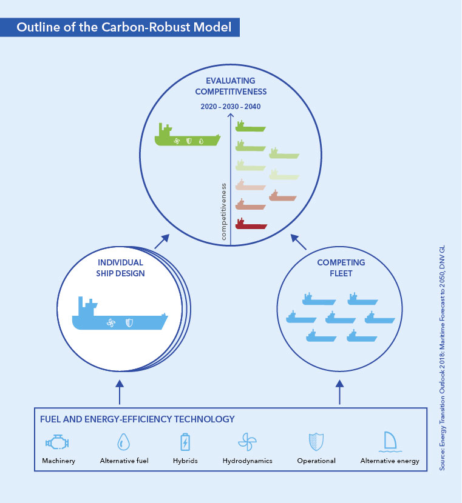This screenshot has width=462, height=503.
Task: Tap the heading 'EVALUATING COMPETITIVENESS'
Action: (231, 86)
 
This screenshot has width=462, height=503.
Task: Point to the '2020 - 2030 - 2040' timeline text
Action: (231, 107)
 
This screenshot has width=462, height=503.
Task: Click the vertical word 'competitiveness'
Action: (223, 212)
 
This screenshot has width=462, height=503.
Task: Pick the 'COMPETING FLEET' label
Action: (341, 267)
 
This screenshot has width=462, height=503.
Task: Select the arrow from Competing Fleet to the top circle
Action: (300, 242)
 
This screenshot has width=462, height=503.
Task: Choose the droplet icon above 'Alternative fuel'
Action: (123, 442)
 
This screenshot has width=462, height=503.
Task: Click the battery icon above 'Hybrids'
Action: (185, 442)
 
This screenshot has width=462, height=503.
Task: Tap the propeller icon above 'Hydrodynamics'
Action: (247, 442)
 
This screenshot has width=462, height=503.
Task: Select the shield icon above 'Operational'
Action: (316, 442)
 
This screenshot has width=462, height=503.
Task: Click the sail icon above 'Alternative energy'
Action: (389, 442)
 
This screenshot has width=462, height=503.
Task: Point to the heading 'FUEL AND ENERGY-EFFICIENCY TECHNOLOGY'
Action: (137, 419)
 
